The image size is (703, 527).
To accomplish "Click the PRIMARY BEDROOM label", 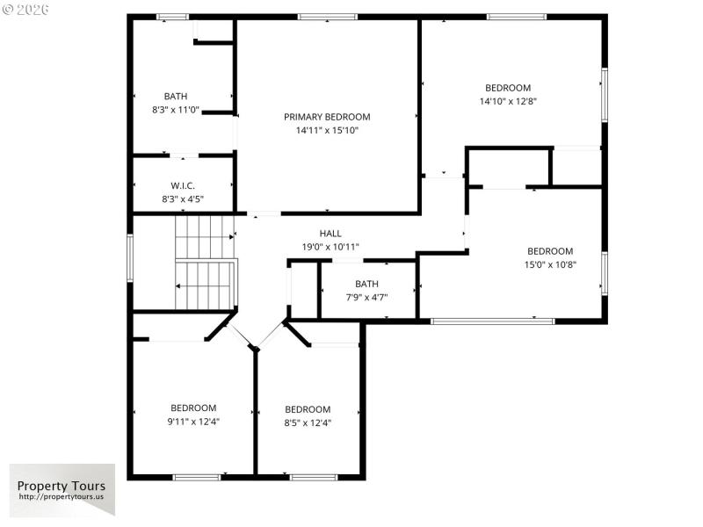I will tap(327, 117).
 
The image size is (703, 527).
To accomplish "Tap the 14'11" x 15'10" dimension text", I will tap(327, 131).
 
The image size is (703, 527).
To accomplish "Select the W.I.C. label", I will tap(182, 186).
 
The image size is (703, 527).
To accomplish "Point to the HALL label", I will tap(330, 233).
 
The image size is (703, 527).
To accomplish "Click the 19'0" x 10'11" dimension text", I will tap(330, 247).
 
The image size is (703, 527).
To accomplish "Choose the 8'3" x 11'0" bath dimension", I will tap(176, 111).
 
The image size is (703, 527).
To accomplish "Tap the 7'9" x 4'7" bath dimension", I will tap(366, 298).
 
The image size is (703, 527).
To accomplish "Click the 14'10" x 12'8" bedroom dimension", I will tap(508, 101).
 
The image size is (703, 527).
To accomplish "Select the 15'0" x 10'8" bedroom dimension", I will tap(550, 264).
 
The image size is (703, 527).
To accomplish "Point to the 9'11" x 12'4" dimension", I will tap(193, 422).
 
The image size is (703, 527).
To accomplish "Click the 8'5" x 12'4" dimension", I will tap(308, 422).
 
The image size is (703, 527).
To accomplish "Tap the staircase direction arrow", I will tap(179, 285).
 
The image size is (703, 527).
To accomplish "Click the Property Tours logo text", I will tap(62, 486).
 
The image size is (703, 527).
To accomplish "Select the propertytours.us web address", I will tap(62, 497).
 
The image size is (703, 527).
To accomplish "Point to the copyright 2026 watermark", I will tap(26, 9).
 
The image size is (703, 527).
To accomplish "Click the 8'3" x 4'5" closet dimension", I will tap(182, 199).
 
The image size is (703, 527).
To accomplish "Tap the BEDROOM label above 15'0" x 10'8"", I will tap(550, 251).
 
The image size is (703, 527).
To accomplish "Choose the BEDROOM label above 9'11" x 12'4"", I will tap(193, 408).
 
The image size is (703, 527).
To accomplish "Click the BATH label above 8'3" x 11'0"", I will tap(176, 97).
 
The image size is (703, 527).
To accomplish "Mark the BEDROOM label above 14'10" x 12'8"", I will tap(508, 88).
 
